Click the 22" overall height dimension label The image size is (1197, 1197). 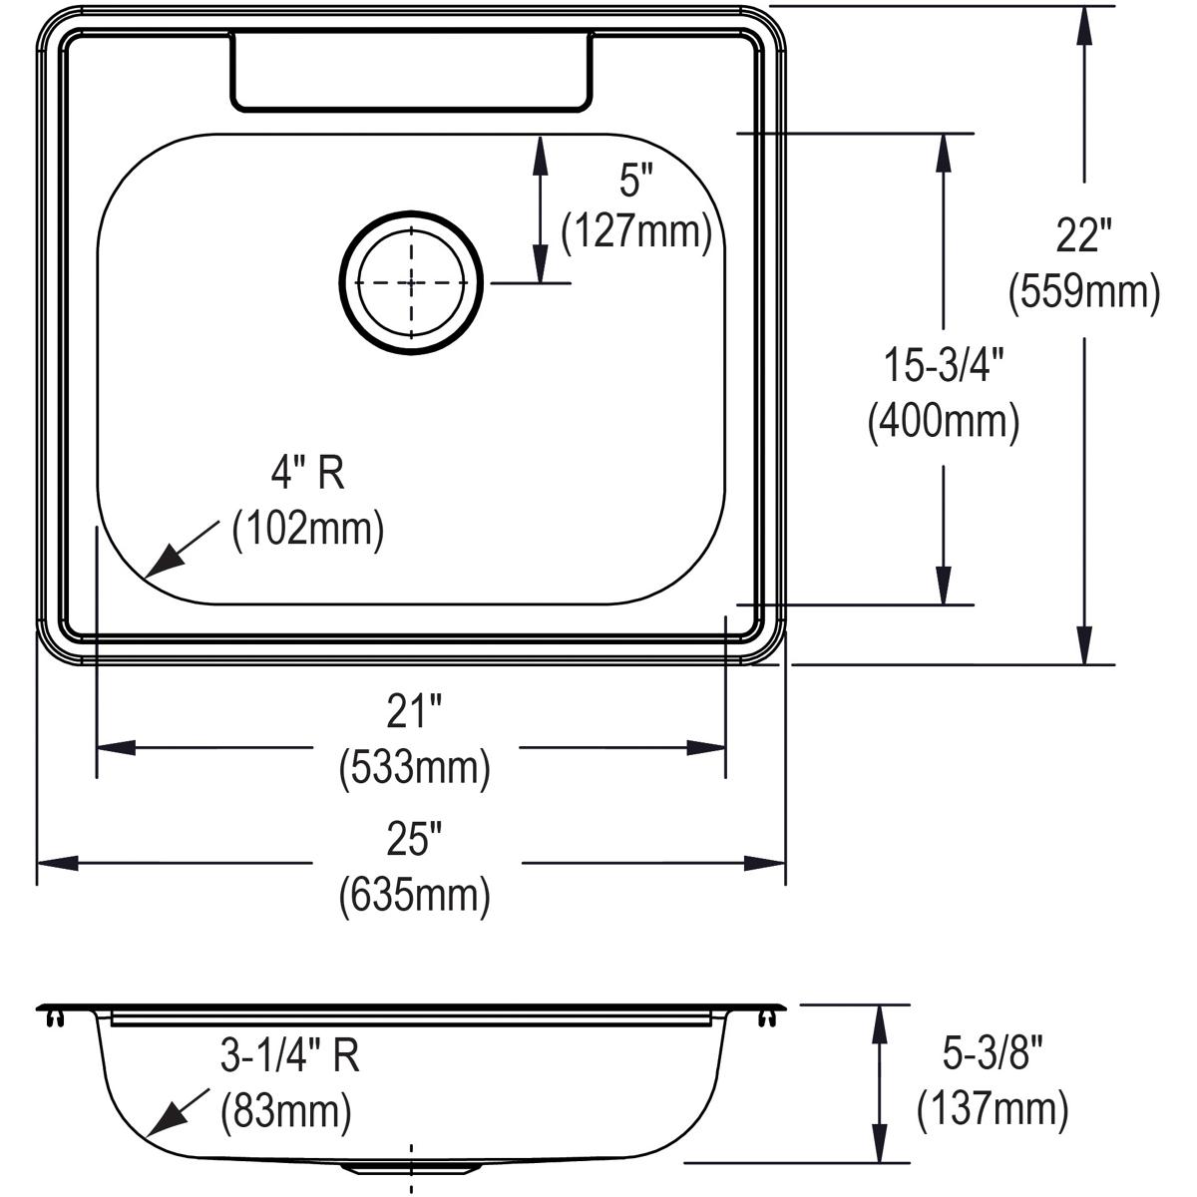[x=1083, y=237]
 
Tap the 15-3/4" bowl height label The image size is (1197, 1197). [x=943, y=365]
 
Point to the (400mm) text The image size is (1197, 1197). [x=943, y=421]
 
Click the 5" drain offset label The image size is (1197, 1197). [x=635, y=180]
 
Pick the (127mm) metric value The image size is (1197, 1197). [x=636, y=233]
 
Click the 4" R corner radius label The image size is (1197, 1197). [x=308, y=474]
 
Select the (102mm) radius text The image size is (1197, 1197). [x=308, y=529]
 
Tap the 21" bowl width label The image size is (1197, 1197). [x=414, y=713]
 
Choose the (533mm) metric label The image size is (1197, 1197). [x=414, y=768]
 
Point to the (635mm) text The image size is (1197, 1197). [x=414, y=895]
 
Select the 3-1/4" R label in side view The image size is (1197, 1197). [x=289, y=1055]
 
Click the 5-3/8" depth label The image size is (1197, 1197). [x=993, y=1051]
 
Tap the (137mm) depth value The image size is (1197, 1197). [x=993, y=1107]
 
